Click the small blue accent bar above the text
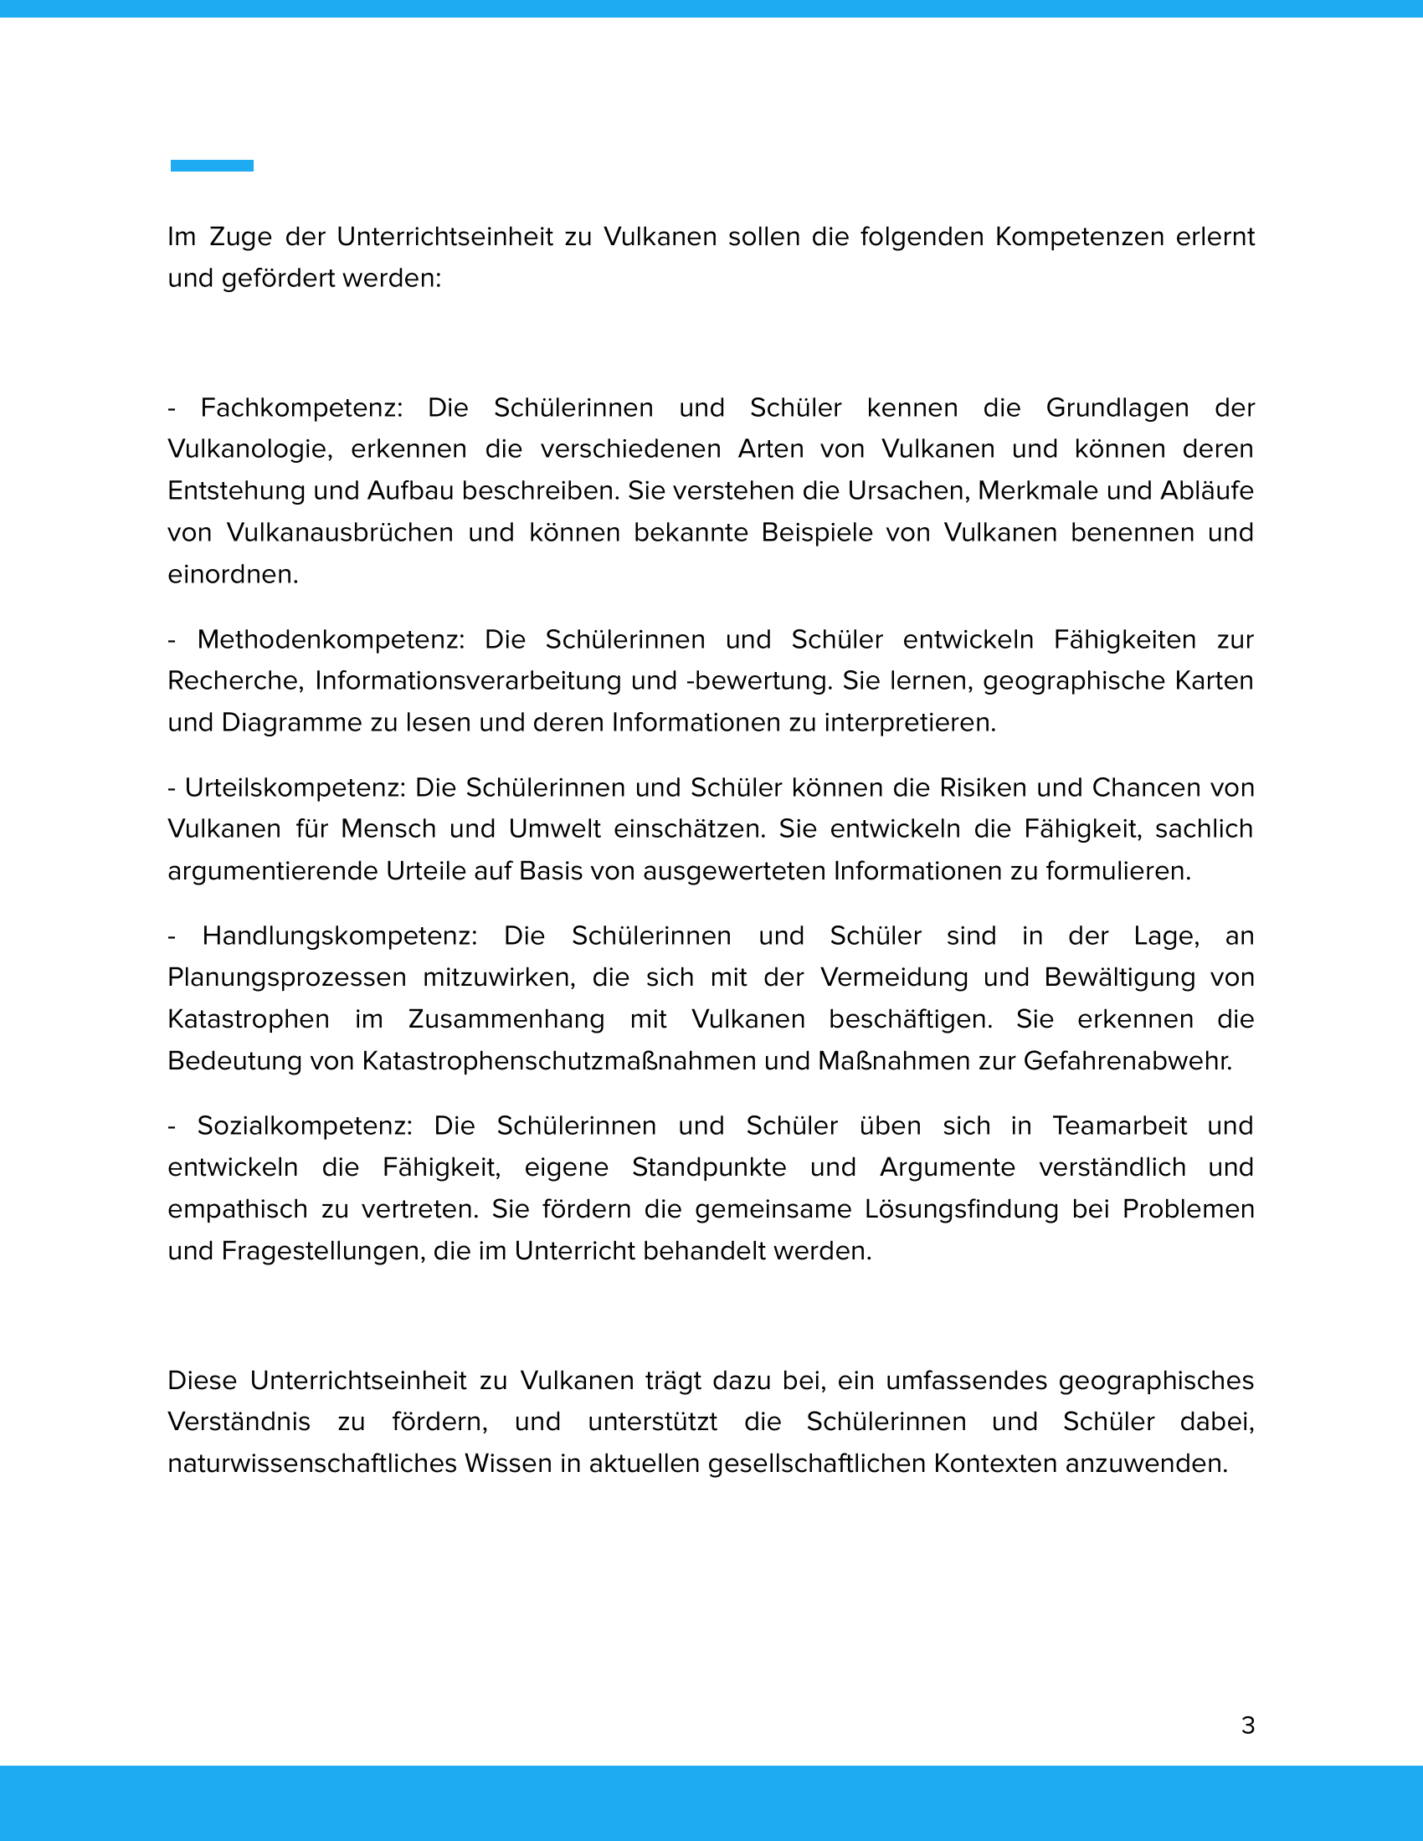(212, 165)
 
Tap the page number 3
(1248, 1726)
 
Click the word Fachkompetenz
(300, 408)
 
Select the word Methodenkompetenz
(331, 640)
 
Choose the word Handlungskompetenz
(339, 936)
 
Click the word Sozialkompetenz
(305, 1126)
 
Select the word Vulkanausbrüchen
(340, 533)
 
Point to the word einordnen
(232, 575)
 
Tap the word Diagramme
(290, 723)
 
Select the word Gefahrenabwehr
(1128, 1061)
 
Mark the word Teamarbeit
(1119, 1126)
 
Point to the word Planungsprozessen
(286, 977)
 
